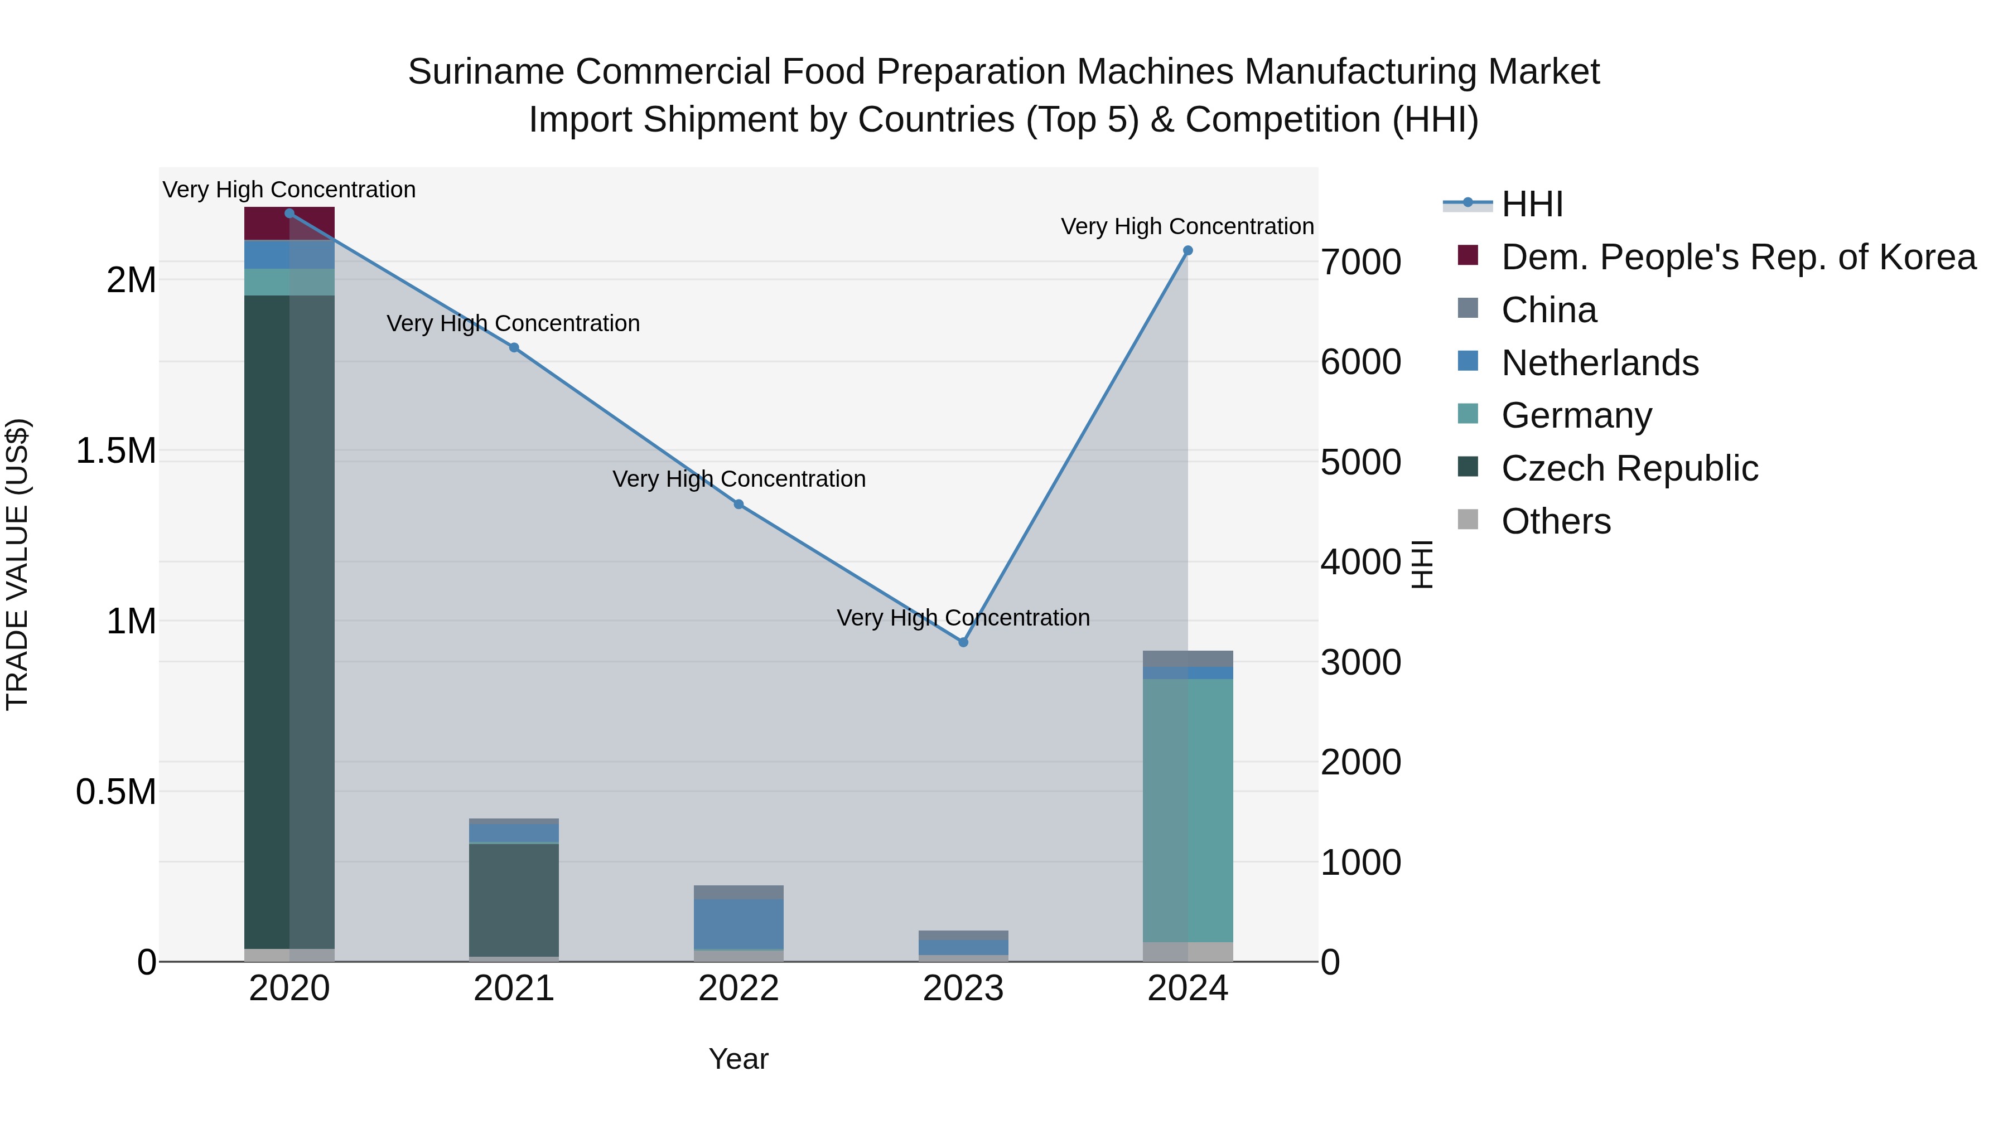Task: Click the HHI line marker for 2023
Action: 963,642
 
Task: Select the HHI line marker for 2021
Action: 514,347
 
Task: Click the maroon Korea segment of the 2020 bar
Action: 289,224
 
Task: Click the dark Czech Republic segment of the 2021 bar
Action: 514,899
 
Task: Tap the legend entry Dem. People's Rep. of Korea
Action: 1737,257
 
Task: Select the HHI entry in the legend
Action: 1532,204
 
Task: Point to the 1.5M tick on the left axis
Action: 115,451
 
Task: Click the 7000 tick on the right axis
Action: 1361,262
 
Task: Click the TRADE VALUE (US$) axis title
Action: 17,564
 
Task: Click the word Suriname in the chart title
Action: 486,72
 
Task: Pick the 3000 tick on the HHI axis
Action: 1361,663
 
